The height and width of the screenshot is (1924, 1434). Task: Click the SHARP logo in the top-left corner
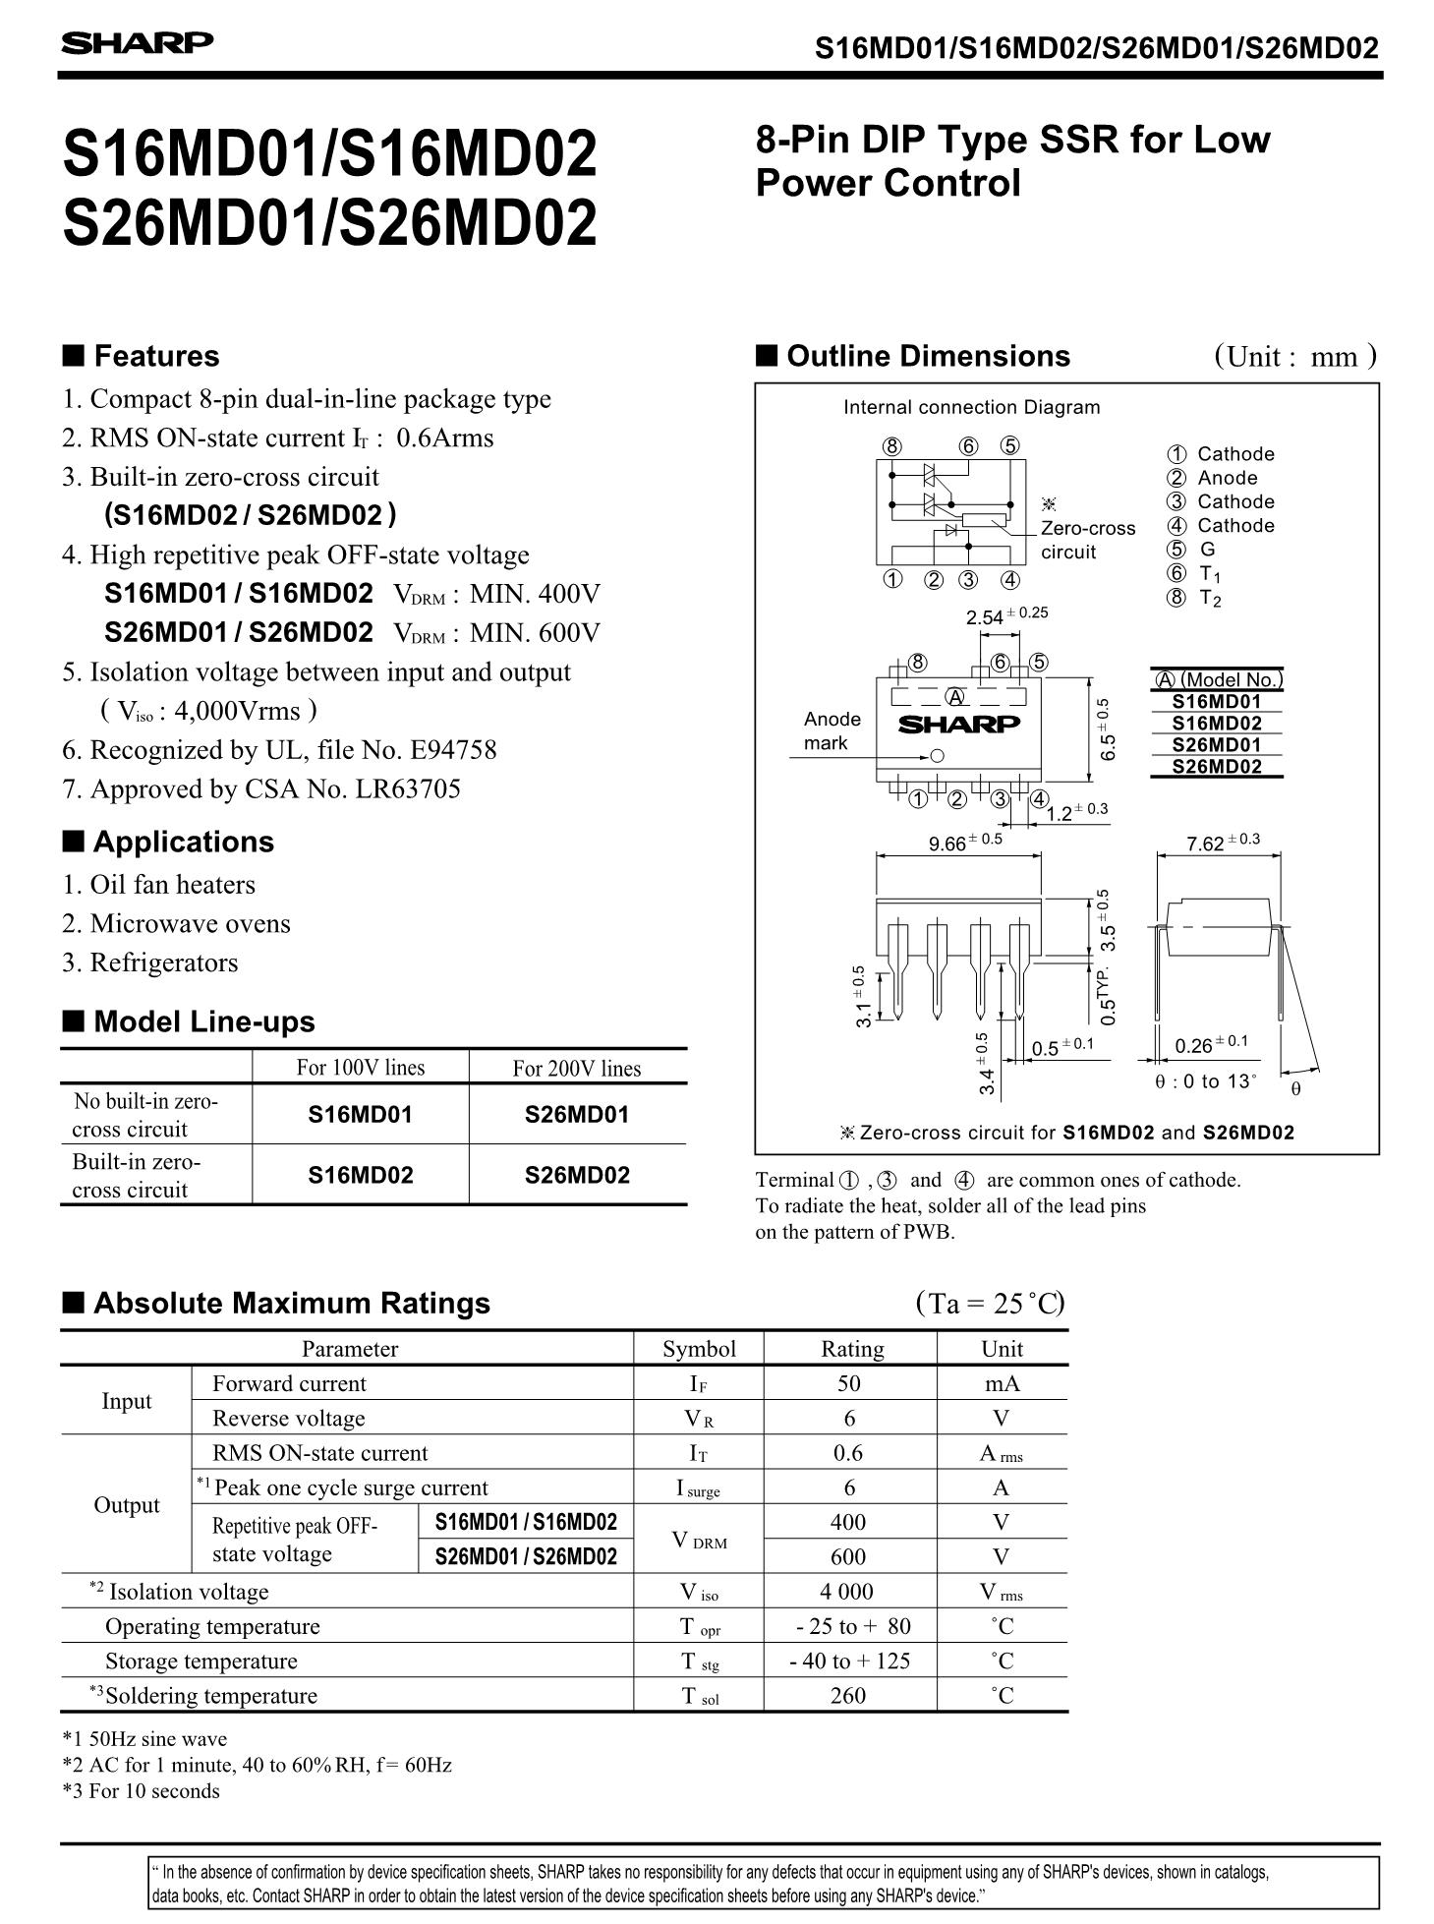[x=137, y=43]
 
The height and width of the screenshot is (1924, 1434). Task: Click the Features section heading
[x=155, y=356]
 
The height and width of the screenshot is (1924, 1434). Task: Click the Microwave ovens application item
[x=190, y=924]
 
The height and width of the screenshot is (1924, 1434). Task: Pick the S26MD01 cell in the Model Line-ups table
[x=577, y=1115]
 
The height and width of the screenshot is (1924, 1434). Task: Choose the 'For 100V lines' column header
[x=361, y=1068]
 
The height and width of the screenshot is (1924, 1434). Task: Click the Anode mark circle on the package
[x=937, y=756]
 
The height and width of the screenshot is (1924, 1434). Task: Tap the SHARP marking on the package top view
[x=959, y=725]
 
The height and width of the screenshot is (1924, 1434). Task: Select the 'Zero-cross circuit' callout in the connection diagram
[x=1087, y=540]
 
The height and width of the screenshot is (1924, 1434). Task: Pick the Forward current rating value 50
[x=849, y=1384]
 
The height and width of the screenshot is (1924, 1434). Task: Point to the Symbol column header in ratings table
[x=699, y=1349]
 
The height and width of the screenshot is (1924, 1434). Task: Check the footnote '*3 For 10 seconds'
[x=141, y=1791]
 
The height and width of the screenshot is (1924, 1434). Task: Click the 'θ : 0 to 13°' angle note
[x=1205, y=1081]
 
